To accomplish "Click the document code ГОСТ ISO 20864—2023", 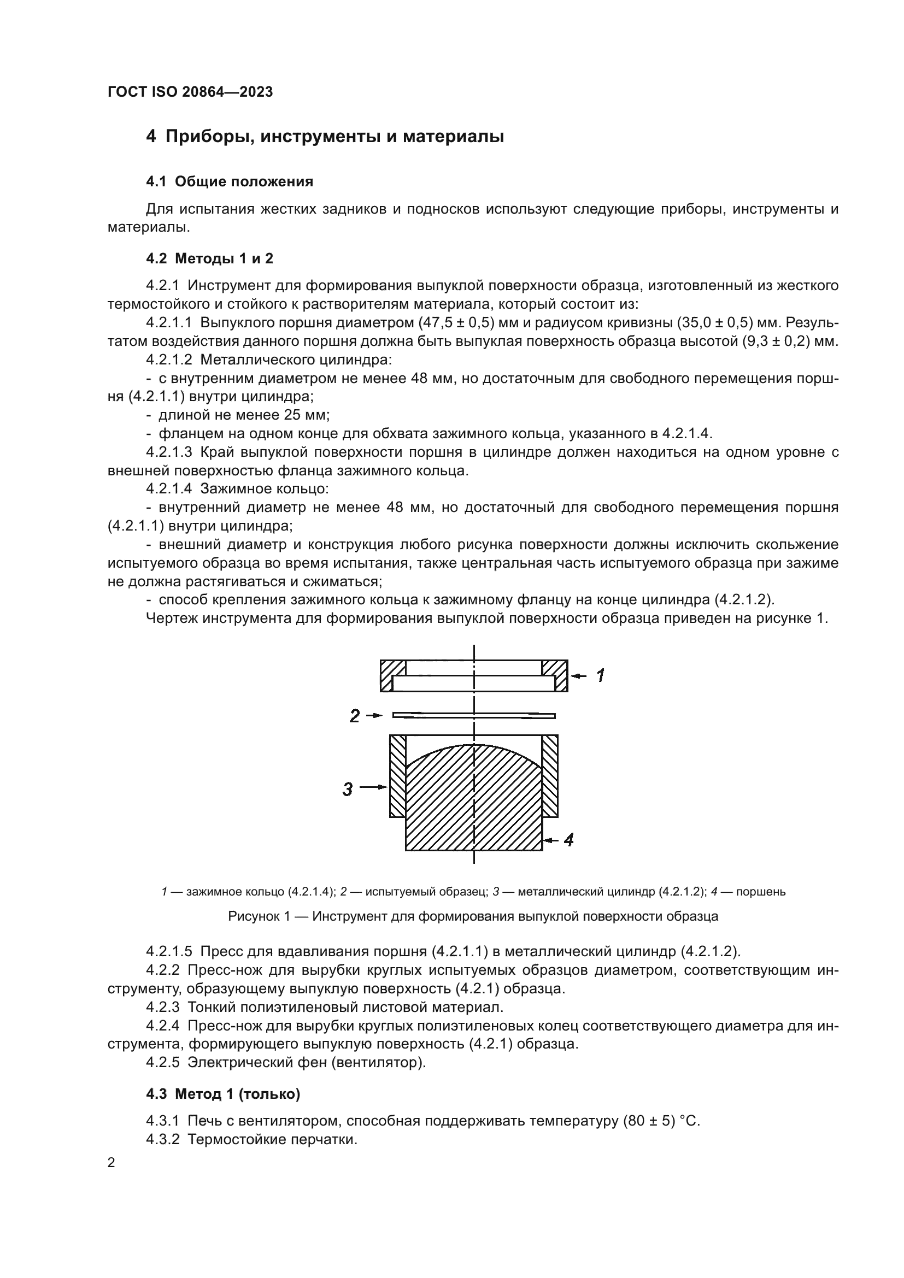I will click(190, 92).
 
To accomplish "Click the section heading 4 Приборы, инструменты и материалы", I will click(325, 137).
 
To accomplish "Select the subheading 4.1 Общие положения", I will click(230, 181).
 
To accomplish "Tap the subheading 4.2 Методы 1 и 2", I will click(209, 258).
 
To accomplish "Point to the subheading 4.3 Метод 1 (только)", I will click(222, 1094).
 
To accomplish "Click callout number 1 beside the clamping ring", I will click(600, 676).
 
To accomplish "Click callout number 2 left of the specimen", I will click(355, 716).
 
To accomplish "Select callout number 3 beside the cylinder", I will click(348, 789).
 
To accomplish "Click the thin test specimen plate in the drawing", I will click(474, 715).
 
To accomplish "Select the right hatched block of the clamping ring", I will click(554, 675).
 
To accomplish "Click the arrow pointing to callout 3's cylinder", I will click(373, 787).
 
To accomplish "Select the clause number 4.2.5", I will click(162, 1062).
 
